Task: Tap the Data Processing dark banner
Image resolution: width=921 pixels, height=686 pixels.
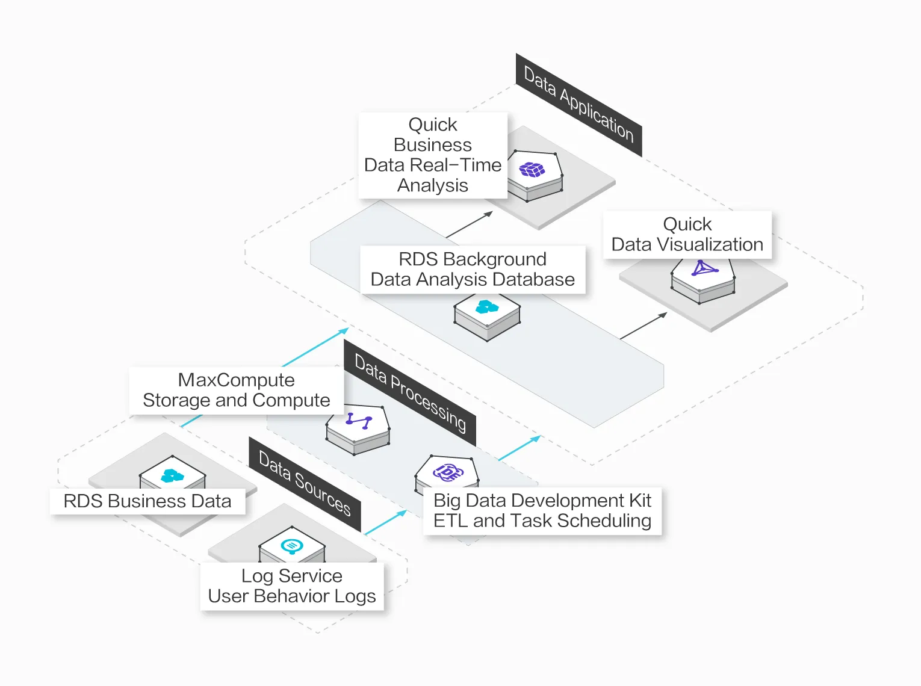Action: [x=410, y=393]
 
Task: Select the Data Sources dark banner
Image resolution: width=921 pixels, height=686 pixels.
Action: [x=305, y=484]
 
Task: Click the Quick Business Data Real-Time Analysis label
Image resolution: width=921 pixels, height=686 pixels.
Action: [x=433, y=155]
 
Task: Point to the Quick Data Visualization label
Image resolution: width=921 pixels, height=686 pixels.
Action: [x=687, y=235]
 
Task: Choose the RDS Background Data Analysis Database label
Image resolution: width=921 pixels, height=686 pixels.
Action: [x=473, y=270]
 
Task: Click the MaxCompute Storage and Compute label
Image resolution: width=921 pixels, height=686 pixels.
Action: [x=237, y=391]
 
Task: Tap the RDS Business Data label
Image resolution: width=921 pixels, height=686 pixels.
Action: [x=147, y=501]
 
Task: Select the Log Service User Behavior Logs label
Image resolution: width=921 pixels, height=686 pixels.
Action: [x=292, y=586]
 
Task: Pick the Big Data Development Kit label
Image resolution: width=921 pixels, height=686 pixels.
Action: [x=542, y=511]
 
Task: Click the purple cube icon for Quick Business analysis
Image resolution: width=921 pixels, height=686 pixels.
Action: [x=532, y=170]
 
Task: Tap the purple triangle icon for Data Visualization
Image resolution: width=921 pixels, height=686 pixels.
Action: [x=704, y=268]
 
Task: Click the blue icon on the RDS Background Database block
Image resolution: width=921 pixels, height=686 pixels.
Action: [x=487, y=307]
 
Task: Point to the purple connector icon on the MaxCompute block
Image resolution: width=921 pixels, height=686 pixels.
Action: [x=359, y=421]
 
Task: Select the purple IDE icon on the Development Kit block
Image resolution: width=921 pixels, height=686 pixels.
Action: [x=448, y=472]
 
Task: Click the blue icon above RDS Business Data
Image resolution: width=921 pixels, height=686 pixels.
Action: [x=172, y=477]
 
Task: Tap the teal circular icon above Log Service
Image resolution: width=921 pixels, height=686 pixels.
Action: [x=292, y=546]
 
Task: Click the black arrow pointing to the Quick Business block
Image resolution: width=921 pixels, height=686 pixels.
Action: [x=470, y=224]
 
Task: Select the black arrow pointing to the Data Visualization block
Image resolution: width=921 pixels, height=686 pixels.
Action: [x=643, y=326]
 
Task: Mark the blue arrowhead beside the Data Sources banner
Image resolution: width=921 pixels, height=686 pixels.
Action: [x=401, y=513]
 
